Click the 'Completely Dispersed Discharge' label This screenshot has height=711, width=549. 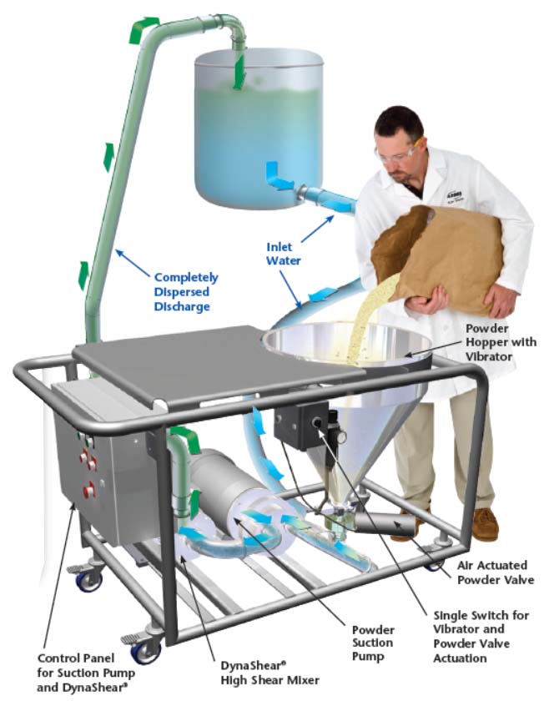point(186,291)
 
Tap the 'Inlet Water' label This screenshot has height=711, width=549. point(284,254)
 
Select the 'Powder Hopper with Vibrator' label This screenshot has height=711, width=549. point(501,342)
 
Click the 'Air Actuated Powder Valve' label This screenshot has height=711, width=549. point(495,572)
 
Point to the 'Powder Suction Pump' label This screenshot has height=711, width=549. point(373,643)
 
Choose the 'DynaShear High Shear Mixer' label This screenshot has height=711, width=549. point(269,672)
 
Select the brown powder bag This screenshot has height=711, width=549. point(442,259)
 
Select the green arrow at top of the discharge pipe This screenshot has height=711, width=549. point(144,29)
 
